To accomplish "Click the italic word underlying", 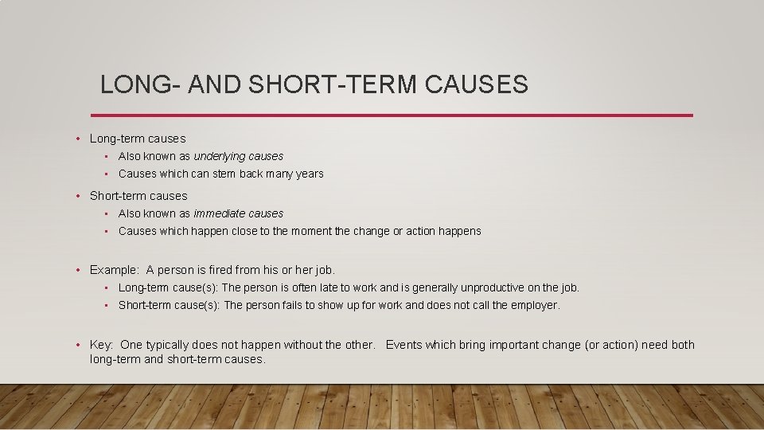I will [x=219, y=156].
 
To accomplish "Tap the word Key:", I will [x=101, y=345].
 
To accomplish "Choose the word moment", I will [x=294, y=231].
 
